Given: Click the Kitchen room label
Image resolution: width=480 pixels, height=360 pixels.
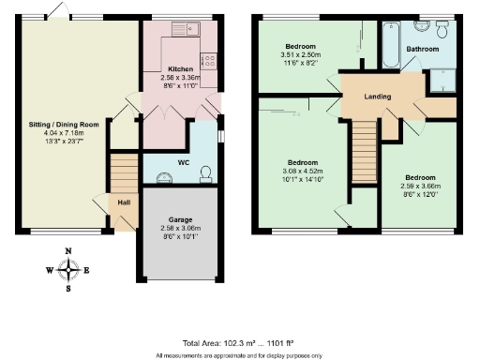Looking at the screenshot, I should pos(180,69).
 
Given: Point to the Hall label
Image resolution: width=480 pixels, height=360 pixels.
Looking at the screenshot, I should pos(124,201).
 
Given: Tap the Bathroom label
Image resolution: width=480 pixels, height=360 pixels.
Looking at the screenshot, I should pos(421,48).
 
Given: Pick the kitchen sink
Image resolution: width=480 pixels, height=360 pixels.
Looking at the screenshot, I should pos(184,32).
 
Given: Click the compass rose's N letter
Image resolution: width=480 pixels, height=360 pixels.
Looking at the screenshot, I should pos(68,252).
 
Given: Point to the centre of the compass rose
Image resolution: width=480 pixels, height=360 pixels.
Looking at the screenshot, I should pos(68,271).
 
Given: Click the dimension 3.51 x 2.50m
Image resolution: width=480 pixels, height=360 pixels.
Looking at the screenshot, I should pos(301,54).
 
